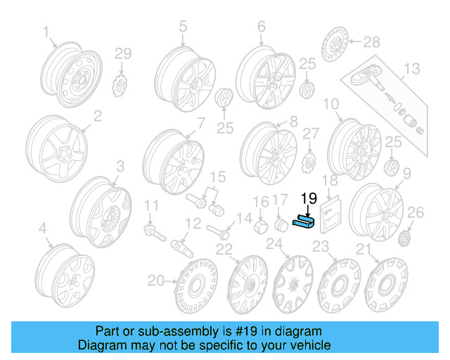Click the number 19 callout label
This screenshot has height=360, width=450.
[x=309, y=198]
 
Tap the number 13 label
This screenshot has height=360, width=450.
[x=411, y=68]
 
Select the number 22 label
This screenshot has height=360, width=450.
[x=224, y=250]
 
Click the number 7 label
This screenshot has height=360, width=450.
[x=201, y=123]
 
